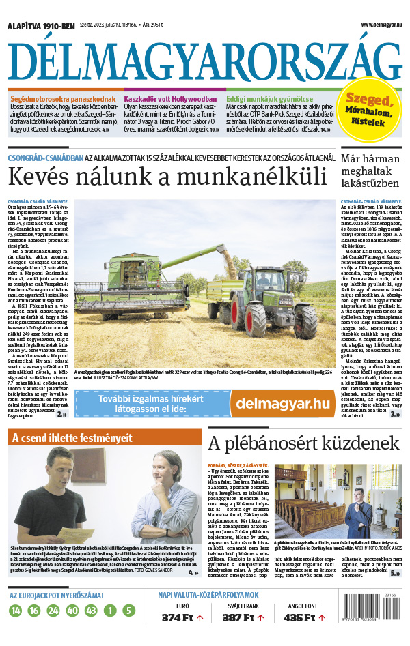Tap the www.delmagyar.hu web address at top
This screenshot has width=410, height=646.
(379, 25)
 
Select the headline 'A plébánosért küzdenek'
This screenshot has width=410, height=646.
(303, 443)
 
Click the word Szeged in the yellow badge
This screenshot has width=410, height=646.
(368, 100)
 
